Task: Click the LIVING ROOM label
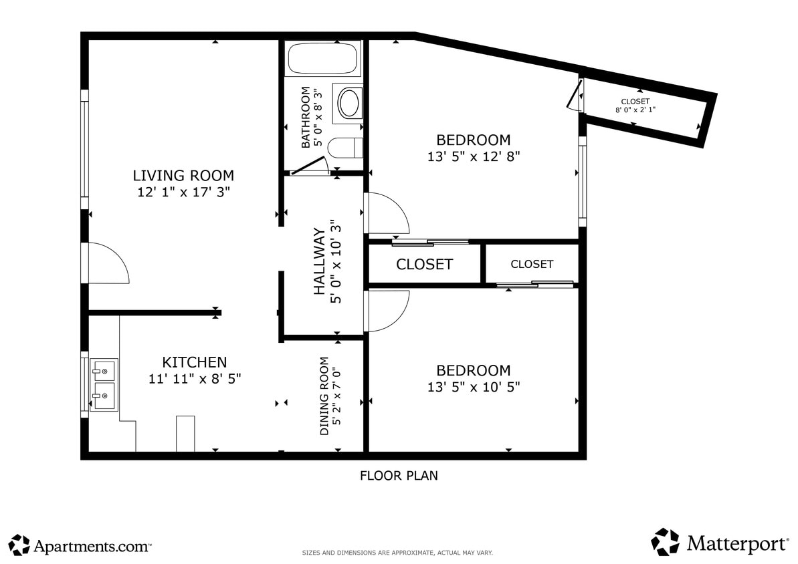point(183,176)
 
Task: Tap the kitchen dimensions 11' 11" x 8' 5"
point(195,378)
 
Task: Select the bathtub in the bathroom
point(323,59)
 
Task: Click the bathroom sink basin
point(349,103)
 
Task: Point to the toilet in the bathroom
point(348,148)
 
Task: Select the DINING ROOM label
point(324,396)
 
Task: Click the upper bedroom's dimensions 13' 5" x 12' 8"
point(474,156)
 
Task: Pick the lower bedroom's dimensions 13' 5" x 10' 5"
point(474,387)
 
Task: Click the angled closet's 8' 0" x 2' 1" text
point(635,110)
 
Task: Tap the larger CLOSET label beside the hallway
point(424,264)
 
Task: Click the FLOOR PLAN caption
point(399,476)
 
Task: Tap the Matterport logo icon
point(665,542)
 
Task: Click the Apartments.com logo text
point(92,546)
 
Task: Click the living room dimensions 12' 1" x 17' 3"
point(183,192)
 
